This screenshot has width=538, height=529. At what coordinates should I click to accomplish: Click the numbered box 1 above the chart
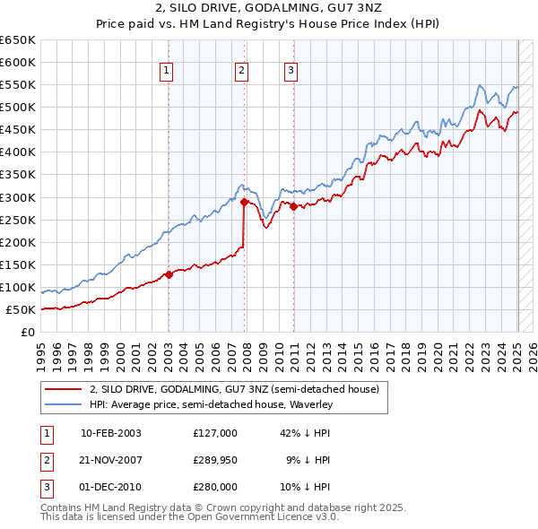[168, 73]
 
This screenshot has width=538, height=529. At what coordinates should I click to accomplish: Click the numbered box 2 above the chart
[242, 73]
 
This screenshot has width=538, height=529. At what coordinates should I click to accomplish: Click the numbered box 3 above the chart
[291, 73]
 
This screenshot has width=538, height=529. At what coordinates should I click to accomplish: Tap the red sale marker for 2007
[244, 202]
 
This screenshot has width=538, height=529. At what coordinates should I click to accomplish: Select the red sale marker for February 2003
[169, 274]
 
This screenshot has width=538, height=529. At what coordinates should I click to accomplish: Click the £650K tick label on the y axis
[18, 40]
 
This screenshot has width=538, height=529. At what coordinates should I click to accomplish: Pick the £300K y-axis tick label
[18, 197]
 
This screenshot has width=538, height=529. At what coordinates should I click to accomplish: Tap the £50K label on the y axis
[21, 309]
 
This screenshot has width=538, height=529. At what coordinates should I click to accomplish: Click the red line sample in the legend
[63, 389]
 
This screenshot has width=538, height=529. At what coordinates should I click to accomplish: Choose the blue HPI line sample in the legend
[63, 404]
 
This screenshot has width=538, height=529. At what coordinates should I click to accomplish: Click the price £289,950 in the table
[214, 460]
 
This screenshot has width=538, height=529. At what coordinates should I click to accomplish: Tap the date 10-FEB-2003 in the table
[110, 432]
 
